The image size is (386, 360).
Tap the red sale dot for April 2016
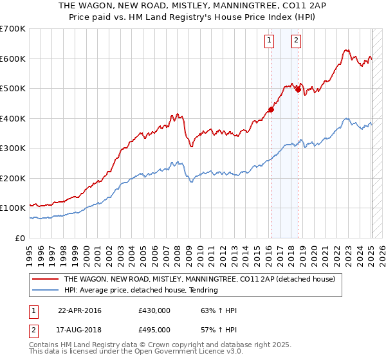(271, 109)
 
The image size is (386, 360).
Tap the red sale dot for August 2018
(297, 90)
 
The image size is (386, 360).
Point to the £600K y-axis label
(13, 59)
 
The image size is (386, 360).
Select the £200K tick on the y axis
(13, 178)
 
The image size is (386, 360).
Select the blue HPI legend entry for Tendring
(142, 291)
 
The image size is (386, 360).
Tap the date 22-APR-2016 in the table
(80, 311)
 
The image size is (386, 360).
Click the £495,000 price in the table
(154, 329)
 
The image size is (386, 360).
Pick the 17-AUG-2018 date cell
(80, 329)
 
